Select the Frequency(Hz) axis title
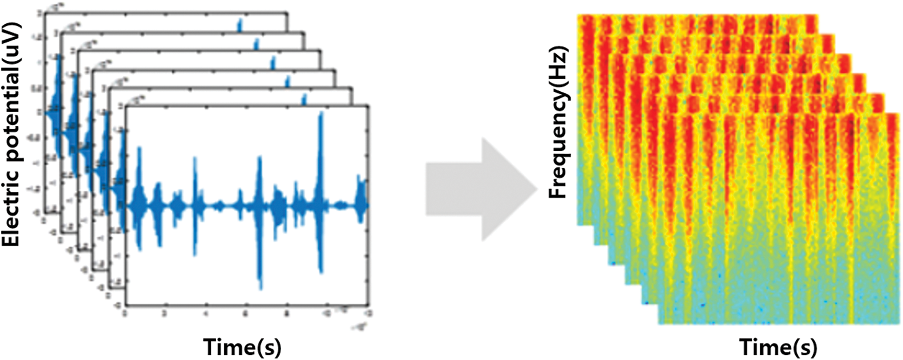pos(558,123)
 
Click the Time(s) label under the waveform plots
pos(242,347)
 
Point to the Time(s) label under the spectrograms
pos(778,347)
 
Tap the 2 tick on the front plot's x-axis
pos(164,313)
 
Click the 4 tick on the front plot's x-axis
pos(205,313)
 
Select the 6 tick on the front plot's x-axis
pos(246,313)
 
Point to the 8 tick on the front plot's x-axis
pos(287,313)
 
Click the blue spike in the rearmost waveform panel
pos(239,24)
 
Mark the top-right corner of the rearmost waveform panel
pos(288,12)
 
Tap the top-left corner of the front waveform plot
pos(126,106)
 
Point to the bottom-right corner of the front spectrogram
pos(900,324)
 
